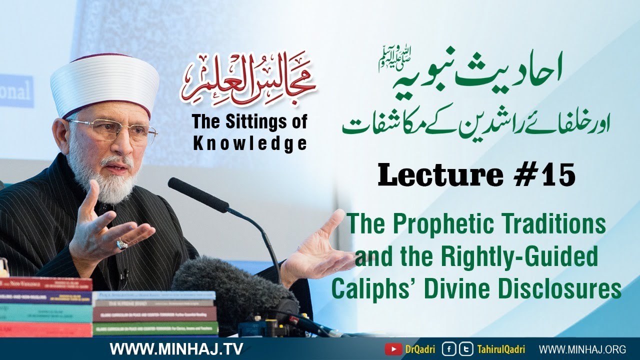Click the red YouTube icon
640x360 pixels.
pos(391,348)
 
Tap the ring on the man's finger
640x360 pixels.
pos(122,244)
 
